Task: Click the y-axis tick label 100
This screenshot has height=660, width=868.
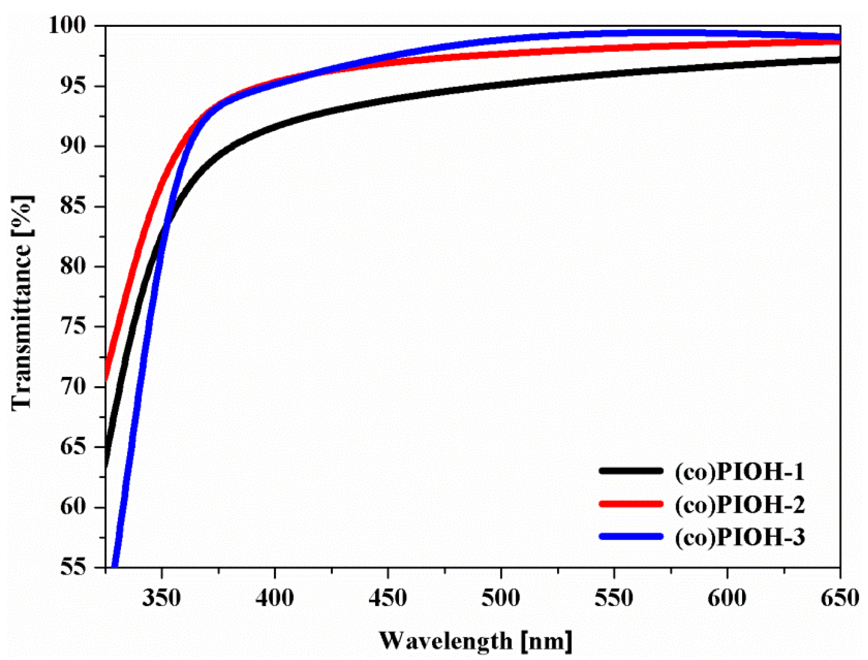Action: (67, 25)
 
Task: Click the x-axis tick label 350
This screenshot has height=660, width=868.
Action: (161, 599)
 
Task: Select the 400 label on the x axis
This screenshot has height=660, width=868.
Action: (275, 599)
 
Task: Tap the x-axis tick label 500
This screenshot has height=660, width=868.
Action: (501, 599)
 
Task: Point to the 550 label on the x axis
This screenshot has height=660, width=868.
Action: (614, 599)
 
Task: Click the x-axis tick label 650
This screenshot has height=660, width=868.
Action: (840, 599)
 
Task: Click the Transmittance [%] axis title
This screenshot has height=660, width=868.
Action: (22, 302)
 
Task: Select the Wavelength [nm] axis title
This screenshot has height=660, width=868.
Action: (475, 641)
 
